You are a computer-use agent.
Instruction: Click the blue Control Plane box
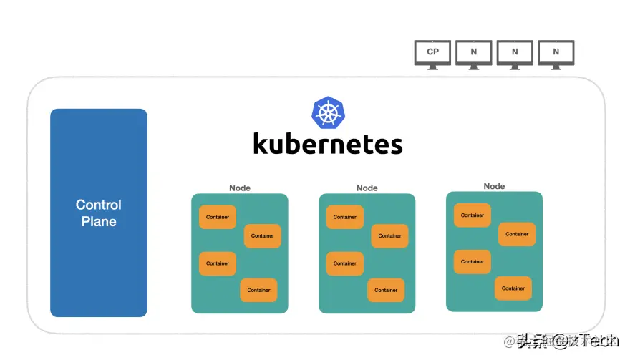point(99,213)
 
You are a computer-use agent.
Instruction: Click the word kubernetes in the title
point(328,143)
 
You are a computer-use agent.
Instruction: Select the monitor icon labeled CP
point(432,52)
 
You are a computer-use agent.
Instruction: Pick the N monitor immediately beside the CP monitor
point(474,52)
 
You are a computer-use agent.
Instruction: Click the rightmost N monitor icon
point(556,52)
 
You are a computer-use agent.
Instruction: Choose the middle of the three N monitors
point(515,52)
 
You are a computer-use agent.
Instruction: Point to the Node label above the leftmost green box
point(240,188)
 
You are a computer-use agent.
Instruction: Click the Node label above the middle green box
point(367,188)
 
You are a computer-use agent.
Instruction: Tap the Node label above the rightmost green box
point(494,186)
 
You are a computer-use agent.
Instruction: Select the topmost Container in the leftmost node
point(218,217)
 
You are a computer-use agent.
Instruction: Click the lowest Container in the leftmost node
point(258,290)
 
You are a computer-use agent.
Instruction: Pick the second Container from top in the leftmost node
point(262,235)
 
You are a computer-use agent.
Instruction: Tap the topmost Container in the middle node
point(345,217)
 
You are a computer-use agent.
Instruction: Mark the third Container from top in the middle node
point(345,263)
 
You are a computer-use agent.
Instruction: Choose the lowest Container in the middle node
point(386,290)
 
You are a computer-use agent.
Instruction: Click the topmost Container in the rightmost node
point(472,215)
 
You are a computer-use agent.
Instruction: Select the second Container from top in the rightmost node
point(517,234)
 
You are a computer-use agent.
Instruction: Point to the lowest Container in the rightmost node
point(513,288)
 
